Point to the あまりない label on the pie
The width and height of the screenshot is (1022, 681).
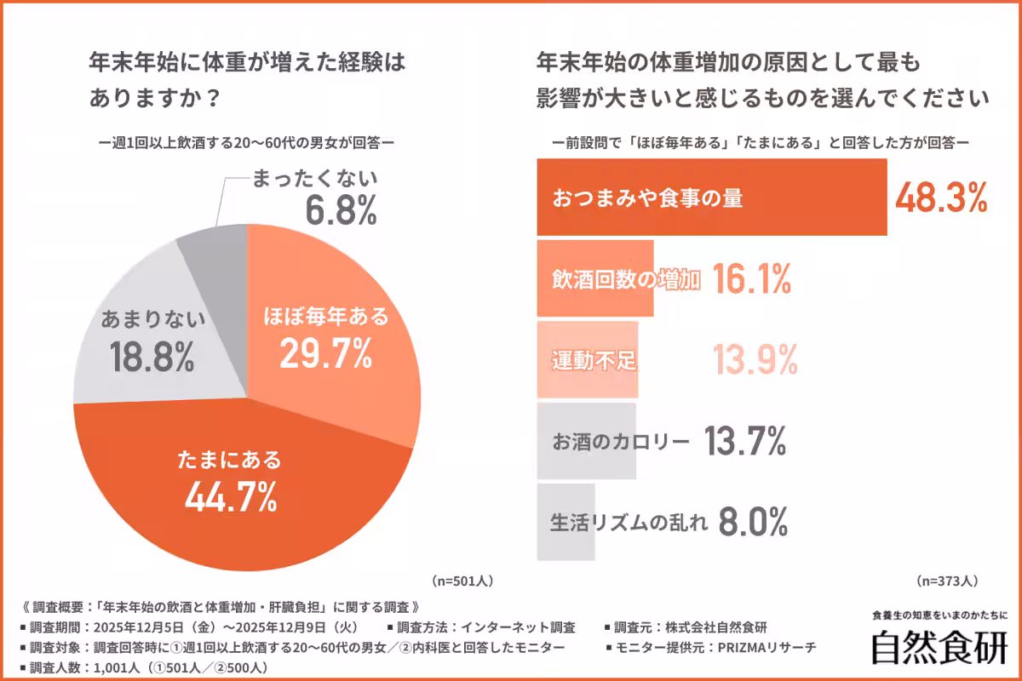coord(153,320)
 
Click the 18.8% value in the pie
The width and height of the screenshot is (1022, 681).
coord(152,359)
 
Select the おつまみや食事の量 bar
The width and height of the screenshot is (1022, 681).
coord(711,197)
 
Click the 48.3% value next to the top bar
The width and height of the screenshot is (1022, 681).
coord(941,197)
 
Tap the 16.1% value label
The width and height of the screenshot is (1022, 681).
coord(751,278)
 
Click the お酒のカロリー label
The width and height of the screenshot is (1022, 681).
coord(621,442)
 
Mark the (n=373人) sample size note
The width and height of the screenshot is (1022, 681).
coord(947,581)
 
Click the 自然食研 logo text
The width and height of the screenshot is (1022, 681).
coord(939,646)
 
